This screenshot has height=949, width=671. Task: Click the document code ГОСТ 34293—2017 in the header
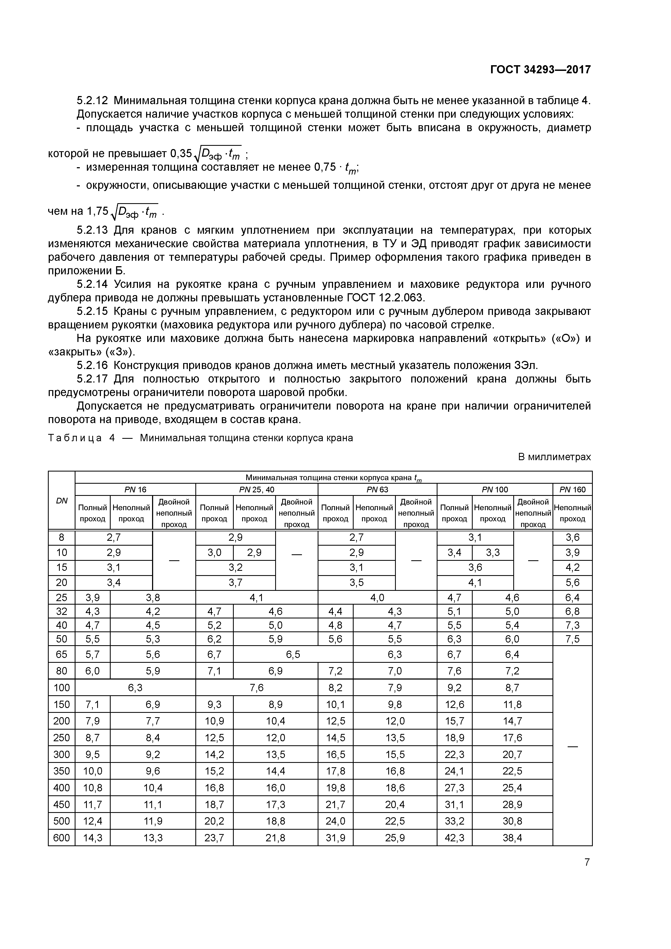(540, 70)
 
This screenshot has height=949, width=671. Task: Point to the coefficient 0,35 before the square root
(181, 154)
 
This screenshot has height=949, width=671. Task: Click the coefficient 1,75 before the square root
(97, 211)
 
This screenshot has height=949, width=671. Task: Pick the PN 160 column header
(572, 489)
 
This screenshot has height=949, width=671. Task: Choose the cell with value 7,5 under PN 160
(572, 639)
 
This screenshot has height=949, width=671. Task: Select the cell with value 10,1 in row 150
(335, 704)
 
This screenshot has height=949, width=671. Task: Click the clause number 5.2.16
(92, 365)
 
